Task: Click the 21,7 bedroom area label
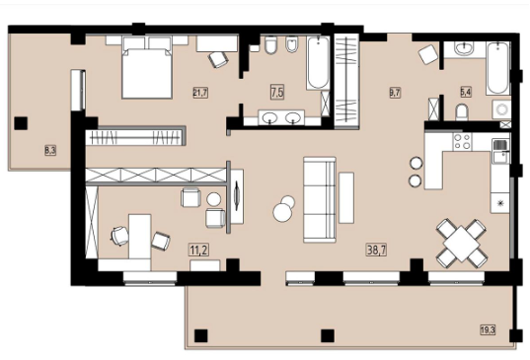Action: point(200,92)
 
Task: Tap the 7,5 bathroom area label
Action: point(277,92)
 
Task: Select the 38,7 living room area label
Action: point(377,250)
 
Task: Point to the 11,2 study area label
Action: point(199,251)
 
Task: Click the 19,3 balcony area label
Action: point(489,329)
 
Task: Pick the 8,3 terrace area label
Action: point(50,150)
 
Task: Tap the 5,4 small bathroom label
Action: point(466,92)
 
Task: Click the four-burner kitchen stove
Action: point(462,141)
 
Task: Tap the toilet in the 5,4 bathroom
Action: point(462,112)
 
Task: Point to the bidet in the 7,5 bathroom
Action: point(292,44)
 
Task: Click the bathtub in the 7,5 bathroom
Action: point(318,63)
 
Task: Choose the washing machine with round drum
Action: point(501,109)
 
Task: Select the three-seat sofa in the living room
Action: point(320,199)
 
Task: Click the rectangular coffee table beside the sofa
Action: point(346,197)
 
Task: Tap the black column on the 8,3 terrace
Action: point(21,123)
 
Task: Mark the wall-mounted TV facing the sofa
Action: point(237,195)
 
